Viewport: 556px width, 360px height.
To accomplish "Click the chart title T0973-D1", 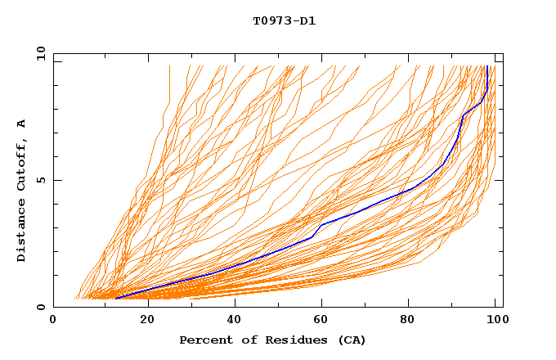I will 284,21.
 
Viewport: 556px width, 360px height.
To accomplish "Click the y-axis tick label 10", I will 40,53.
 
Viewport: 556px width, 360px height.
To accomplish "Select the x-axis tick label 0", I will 53,321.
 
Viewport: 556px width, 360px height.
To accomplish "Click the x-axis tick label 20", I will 142,321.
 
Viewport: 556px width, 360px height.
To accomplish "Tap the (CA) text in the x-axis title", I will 350,340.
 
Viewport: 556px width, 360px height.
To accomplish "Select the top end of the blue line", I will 487,66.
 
